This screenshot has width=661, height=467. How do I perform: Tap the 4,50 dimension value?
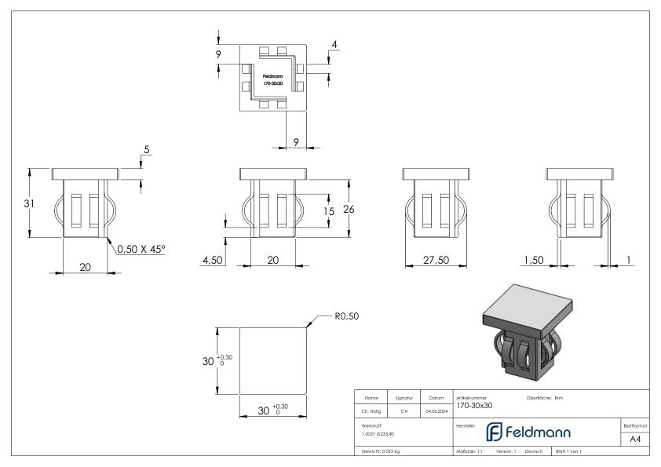[x=214, y=259]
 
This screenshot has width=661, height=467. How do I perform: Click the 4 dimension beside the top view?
[x=334, y=45]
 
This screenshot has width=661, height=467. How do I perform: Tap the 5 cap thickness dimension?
[x=146, y=150]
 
